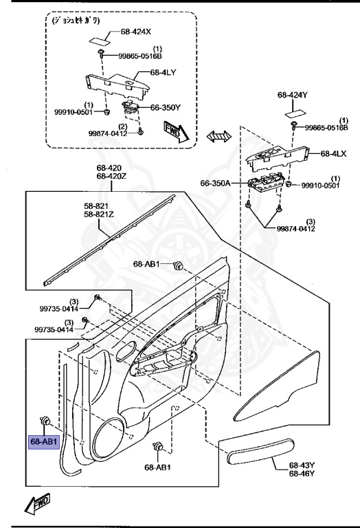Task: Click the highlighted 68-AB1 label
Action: pos(44,441)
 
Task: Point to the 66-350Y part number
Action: pos(166,108)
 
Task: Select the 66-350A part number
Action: pos(216,184)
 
